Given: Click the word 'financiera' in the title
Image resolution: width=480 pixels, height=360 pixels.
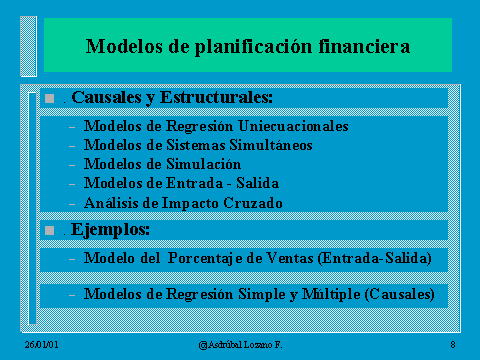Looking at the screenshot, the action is (364, 46).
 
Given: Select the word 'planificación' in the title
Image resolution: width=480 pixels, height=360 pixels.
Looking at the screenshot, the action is (254, 47).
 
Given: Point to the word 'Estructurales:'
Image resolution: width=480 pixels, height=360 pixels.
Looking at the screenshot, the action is (216, 97).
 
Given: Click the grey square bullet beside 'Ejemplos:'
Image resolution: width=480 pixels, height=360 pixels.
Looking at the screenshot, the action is (50, 230).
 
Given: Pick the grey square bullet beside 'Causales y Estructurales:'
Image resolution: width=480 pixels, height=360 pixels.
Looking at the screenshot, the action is (50, 98).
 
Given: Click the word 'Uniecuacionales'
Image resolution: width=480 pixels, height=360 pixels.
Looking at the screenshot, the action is (293, 126).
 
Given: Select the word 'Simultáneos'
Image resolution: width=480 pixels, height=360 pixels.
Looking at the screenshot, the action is (271, 145).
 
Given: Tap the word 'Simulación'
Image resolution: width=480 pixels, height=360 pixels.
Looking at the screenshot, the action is (204, 164).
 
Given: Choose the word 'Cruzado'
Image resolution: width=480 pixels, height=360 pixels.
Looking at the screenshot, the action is (253, 203).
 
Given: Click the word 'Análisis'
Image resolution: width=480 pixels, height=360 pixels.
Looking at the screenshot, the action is (111, 203).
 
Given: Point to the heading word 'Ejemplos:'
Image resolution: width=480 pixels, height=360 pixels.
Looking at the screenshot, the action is (110, 230).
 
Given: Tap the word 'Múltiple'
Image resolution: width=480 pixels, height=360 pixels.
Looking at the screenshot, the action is (331, 295).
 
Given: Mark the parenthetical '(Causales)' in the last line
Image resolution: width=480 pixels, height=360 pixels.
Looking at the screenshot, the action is (400, 294).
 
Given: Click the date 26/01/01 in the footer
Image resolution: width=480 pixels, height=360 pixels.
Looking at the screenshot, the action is (41, 345).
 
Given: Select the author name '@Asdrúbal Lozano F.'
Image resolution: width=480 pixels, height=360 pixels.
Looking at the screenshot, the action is (240, 345).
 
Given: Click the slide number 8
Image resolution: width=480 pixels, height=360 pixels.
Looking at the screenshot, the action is (453, 344).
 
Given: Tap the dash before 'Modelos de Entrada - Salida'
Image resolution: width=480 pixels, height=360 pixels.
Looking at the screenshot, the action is (72, 184).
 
